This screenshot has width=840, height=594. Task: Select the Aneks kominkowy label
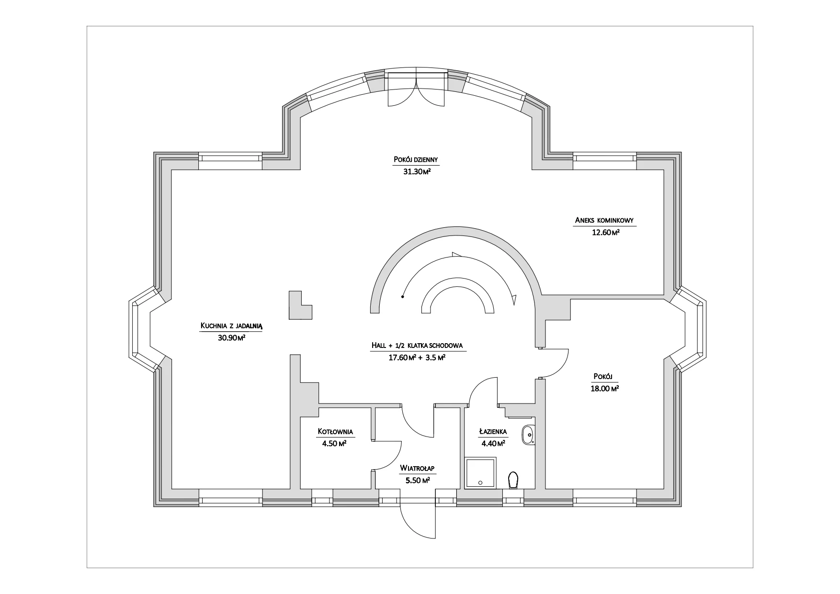[x=604, y=221]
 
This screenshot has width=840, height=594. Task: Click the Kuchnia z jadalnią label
[x=232, y=325]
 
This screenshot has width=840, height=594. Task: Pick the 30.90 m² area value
[x=232, y=338]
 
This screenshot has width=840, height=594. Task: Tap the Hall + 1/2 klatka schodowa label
[x=417, y=345]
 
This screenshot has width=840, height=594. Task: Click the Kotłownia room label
[x=335, y=432]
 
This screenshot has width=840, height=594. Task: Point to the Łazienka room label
[x=493, y=432]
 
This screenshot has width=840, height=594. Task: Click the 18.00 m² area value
[x=605, y=389]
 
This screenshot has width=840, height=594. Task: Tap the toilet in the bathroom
[x=513, y=481]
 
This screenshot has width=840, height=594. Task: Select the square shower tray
[x=481, y=472]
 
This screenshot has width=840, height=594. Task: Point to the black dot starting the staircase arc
[x=403, y=297]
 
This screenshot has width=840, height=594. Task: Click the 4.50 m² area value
[x=335, y=443]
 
